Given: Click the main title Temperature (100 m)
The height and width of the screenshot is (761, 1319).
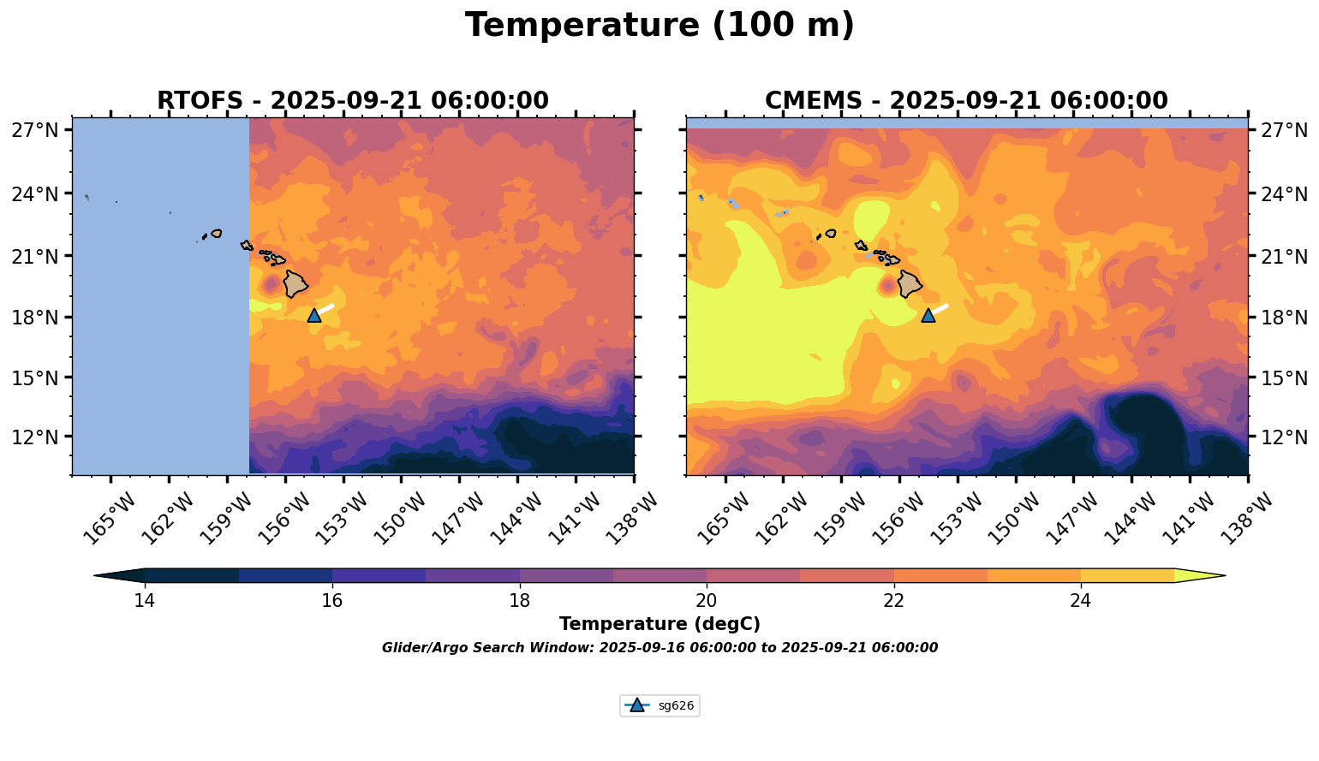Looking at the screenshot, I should (x=659, y=26).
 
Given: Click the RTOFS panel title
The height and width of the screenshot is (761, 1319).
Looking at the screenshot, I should (x=352, y=101).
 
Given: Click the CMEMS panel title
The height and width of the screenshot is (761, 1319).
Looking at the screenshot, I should (x=966, y=101).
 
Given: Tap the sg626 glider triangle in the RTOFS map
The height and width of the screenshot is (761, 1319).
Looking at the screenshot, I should (x=314, y=315).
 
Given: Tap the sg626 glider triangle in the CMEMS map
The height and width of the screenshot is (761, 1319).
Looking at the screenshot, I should (x=928, y=315).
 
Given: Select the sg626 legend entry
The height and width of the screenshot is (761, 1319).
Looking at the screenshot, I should (x=659, y=705).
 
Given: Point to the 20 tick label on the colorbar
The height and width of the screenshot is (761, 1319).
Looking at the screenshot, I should (x=707, y=601).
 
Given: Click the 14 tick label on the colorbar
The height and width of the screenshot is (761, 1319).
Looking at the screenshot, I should (x=144, y=601).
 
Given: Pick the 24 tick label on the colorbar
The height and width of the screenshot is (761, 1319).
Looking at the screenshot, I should (x=1081, y=601).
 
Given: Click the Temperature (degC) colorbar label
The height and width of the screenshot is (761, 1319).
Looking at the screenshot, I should (x=659, y=625).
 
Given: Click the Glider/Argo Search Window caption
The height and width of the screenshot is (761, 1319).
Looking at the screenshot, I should (x=659, y=648).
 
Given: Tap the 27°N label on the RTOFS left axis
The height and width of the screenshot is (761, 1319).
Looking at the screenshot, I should (x=35, y=130).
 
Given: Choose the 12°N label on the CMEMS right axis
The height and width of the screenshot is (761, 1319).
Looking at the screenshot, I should (x=1284, y=437).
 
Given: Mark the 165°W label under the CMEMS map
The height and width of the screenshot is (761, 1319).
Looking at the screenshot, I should (x=717, y=519).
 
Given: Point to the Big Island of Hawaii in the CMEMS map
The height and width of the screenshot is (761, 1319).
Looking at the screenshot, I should (x=910, y=283).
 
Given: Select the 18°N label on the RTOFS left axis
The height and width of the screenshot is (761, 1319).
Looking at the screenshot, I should (x=35, y=318).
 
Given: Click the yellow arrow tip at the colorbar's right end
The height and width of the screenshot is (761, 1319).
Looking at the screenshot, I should (x=1203, y=576).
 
